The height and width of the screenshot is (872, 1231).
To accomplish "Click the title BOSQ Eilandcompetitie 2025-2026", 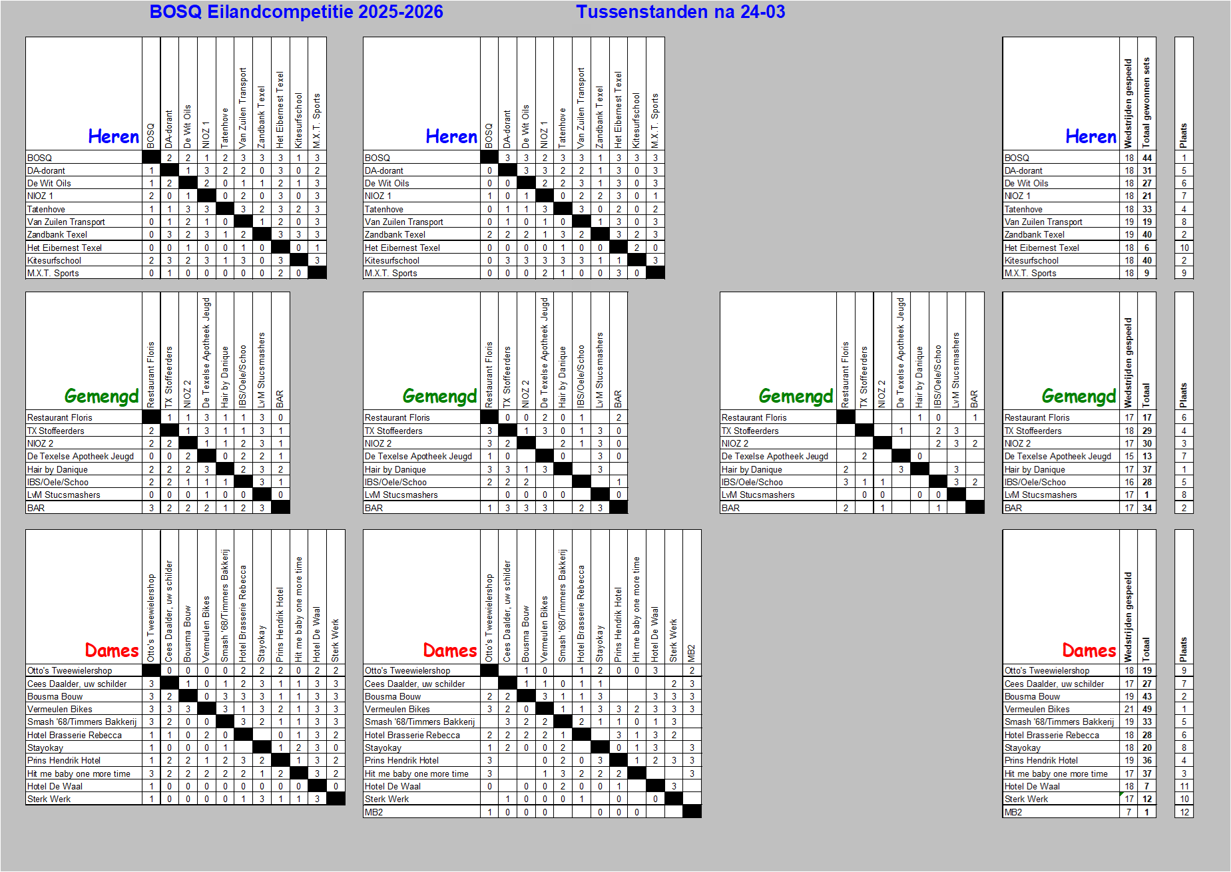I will coord(296,12).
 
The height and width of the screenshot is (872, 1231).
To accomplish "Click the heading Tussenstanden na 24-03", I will coord(680,12).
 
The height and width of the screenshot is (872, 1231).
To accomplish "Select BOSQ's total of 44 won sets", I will coord(1147,158).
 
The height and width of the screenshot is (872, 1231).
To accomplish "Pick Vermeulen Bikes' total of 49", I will coord(1147,709).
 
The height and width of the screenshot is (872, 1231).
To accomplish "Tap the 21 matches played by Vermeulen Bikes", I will coord(1129,709).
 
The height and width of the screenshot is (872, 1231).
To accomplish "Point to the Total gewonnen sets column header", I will coord(1146,103).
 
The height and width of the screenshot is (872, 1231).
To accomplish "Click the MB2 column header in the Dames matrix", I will coord(692,652).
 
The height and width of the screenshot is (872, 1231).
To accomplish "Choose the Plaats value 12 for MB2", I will coord(1184,812).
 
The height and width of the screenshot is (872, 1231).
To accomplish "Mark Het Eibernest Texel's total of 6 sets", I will coord(1147,248).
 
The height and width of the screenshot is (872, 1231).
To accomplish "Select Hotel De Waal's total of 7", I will coord(1147,786).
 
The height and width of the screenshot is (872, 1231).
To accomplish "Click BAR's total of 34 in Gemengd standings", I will coord(1147,508).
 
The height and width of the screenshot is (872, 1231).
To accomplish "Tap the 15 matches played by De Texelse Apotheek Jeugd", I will coord(1129,456).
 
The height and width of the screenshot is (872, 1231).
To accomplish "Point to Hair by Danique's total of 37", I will coord(1147,469).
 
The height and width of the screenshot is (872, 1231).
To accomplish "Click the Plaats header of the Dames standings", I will coord(1184,649).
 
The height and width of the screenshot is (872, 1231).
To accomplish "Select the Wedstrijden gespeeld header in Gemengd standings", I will coord(1128,363).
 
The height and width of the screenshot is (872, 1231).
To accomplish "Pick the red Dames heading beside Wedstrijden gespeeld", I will coord(1089,650).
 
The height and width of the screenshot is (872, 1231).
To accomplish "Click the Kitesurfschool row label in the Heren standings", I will coord(1031,260).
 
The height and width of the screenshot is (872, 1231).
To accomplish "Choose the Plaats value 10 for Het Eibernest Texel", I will coord(1184,248).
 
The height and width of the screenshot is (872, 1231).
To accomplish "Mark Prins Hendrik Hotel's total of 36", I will coord(1147,760).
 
